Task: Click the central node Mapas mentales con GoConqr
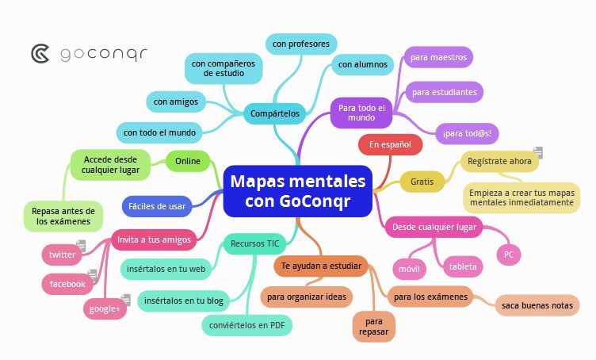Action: pos(298,191)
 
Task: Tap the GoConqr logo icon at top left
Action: pos(40,53)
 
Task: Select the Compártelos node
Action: pos(274,114)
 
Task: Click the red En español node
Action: pos(389,144)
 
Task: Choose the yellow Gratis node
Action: pos(422,182)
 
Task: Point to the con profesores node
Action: pos(300,44)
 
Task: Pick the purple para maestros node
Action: pos(438,57)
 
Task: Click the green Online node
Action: pos(188,161)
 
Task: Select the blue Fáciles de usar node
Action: pos(156,206)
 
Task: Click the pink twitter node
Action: pos(62,255)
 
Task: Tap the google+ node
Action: pos(105,308)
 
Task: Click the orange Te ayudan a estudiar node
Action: pos(321,266)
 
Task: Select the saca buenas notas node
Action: pos(537,305)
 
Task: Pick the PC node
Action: pos(509,255)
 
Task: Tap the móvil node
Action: pos(409,269)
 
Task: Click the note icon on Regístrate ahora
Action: pos(538,151)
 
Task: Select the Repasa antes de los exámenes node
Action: pos(63,216)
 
